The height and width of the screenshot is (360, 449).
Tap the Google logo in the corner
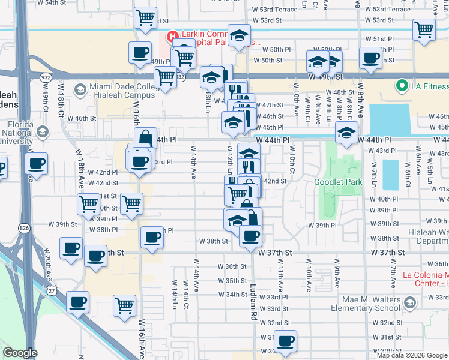click(x=20, y=353)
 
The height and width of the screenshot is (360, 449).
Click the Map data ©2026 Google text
click(x=412, y=355)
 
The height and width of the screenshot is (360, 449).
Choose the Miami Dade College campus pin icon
click(x=79, y=89)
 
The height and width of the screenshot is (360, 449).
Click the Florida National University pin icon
click(x=42, y=131)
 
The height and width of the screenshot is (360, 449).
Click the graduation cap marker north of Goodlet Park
click(x=346, y=133)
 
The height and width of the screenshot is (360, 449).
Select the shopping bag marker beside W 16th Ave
click(x=145, y=138)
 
